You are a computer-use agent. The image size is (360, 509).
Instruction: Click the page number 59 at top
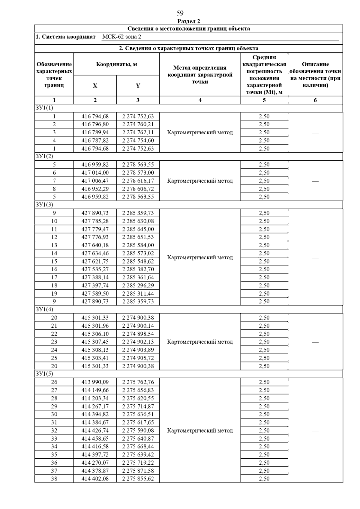[x=180, y=13]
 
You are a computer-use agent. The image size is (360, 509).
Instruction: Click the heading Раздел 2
[x=188, y=21]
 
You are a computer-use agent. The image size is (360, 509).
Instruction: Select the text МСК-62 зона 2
[x=121, y=37]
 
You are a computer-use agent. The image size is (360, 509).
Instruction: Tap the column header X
[x=95, y=86]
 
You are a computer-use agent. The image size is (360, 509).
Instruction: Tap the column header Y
[x=138, y=86]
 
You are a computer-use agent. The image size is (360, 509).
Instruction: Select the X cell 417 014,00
[x=95, y=173]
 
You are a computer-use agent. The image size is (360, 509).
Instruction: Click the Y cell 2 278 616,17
[x=138, y=181]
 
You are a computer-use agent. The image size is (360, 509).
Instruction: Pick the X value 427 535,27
[x=95, y=269]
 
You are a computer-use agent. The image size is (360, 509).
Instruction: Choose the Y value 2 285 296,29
[x=138, y=285]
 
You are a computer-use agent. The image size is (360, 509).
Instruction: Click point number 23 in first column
[x=54, y=342]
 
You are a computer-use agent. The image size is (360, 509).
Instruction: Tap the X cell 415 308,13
[x=95, y=350]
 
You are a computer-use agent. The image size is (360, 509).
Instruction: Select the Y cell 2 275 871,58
[x=138, y=471]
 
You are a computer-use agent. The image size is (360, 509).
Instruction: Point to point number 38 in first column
[x=54, y=479]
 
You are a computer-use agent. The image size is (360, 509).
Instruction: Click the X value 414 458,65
[x=95, y=439]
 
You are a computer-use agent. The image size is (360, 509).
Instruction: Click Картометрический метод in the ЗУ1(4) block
[x=200, y=342]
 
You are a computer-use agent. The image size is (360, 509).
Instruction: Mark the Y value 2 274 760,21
[x=138, y=124]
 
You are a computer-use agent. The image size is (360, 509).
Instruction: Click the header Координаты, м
[x=116, y=64]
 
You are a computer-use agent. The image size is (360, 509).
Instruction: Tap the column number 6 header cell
[x=315, y=100]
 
